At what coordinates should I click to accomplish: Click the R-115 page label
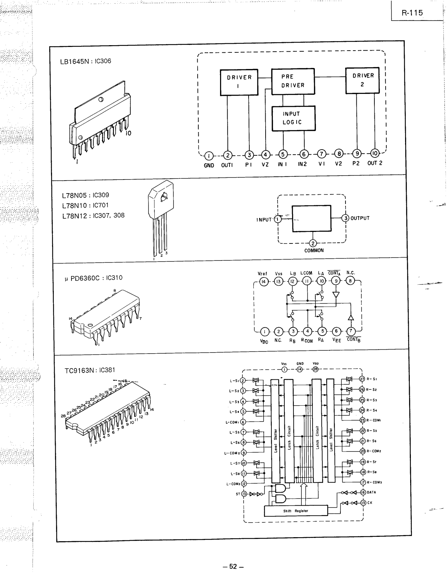tap(412, 13)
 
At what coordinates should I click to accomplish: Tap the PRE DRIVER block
tap(293, 81)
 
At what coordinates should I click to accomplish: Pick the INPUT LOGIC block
tap(293, 118)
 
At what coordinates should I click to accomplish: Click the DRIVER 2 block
tap(362, 80)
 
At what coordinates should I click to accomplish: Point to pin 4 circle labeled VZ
tap(265, 155)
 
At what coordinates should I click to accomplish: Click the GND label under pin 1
tap(209, 165)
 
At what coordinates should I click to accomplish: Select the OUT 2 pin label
tap(375, 163)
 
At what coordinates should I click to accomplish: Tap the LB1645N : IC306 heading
tap(86, 61)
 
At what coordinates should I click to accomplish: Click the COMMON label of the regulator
tap(314, 250)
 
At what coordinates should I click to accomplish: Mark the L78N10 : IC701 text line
tap(85, 205)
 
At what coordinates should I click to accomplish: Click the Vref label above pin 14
tap(263, 273)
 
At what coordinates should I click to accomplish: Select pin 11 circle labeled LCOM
tap(306, 281)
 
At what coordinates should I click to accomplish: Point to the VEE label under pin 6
tap(336, 340)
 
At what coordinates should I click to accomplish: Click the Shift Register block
tap(296, 511)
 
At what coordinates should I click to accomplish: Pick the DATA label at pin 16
tap(371, 492)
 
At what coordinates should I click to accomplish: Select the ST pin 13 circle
tap(244, 494)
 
